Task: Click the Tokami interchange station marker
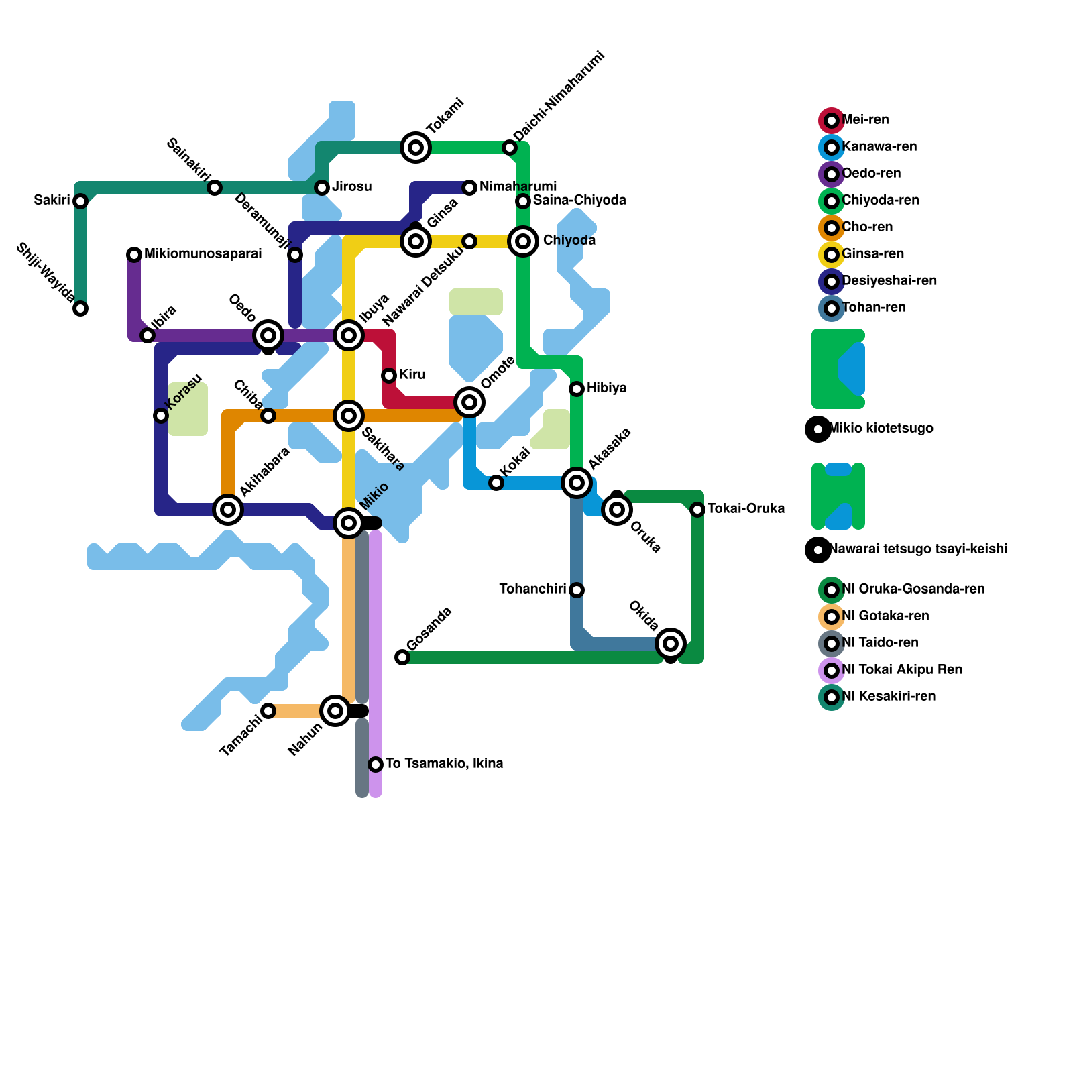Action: (x=416, y=148)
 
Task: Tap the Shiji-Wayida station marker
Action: (x=80, y=308)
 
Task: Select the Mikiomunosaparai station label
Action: (x=203, y=254)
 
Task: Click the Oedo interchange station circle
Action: (x=268, y=335)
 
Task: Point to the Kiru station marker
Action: (x=389, y=376)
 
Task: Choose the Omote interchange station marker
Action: (x=469, y=402)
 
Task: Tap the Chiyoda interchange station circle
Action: (x=523, y=241)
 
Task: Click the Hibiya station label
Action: (x=606, y=388)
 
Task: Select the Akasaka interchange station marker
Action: (x=577, y=483)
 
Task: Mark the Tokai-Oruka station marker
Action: (x=697, y=510)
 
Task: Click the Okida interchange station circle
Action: (x=671, y=644)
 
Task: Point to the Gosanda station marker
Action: (x=402, y=657)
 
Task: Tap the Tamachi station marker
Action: (x=268, y=711)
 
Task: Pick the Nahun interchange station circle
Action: (x=335, y=711)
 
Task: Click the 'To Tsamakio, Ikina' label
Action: (x=444, y=764)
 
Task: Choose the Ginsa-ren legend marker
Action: (x=832, y=255)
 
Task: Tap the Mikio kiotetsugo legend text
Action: (x=881, y=429)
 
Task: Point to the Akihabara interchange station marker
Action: (x=228, y=510)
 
